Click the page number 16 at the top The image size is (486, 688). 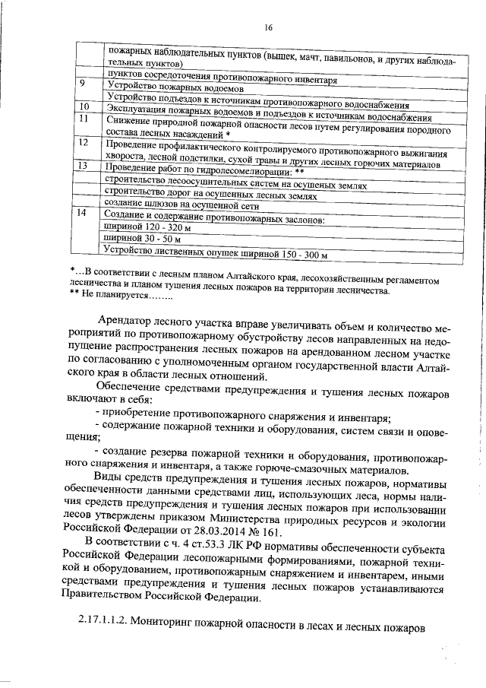click(x=268, y=28)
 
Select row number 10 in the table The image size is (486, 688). click(x=85, y=106)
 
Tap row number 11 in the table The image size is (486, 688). click(x=84, y=118)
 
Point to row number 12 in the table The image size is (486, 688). click(x=85, y=142)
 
